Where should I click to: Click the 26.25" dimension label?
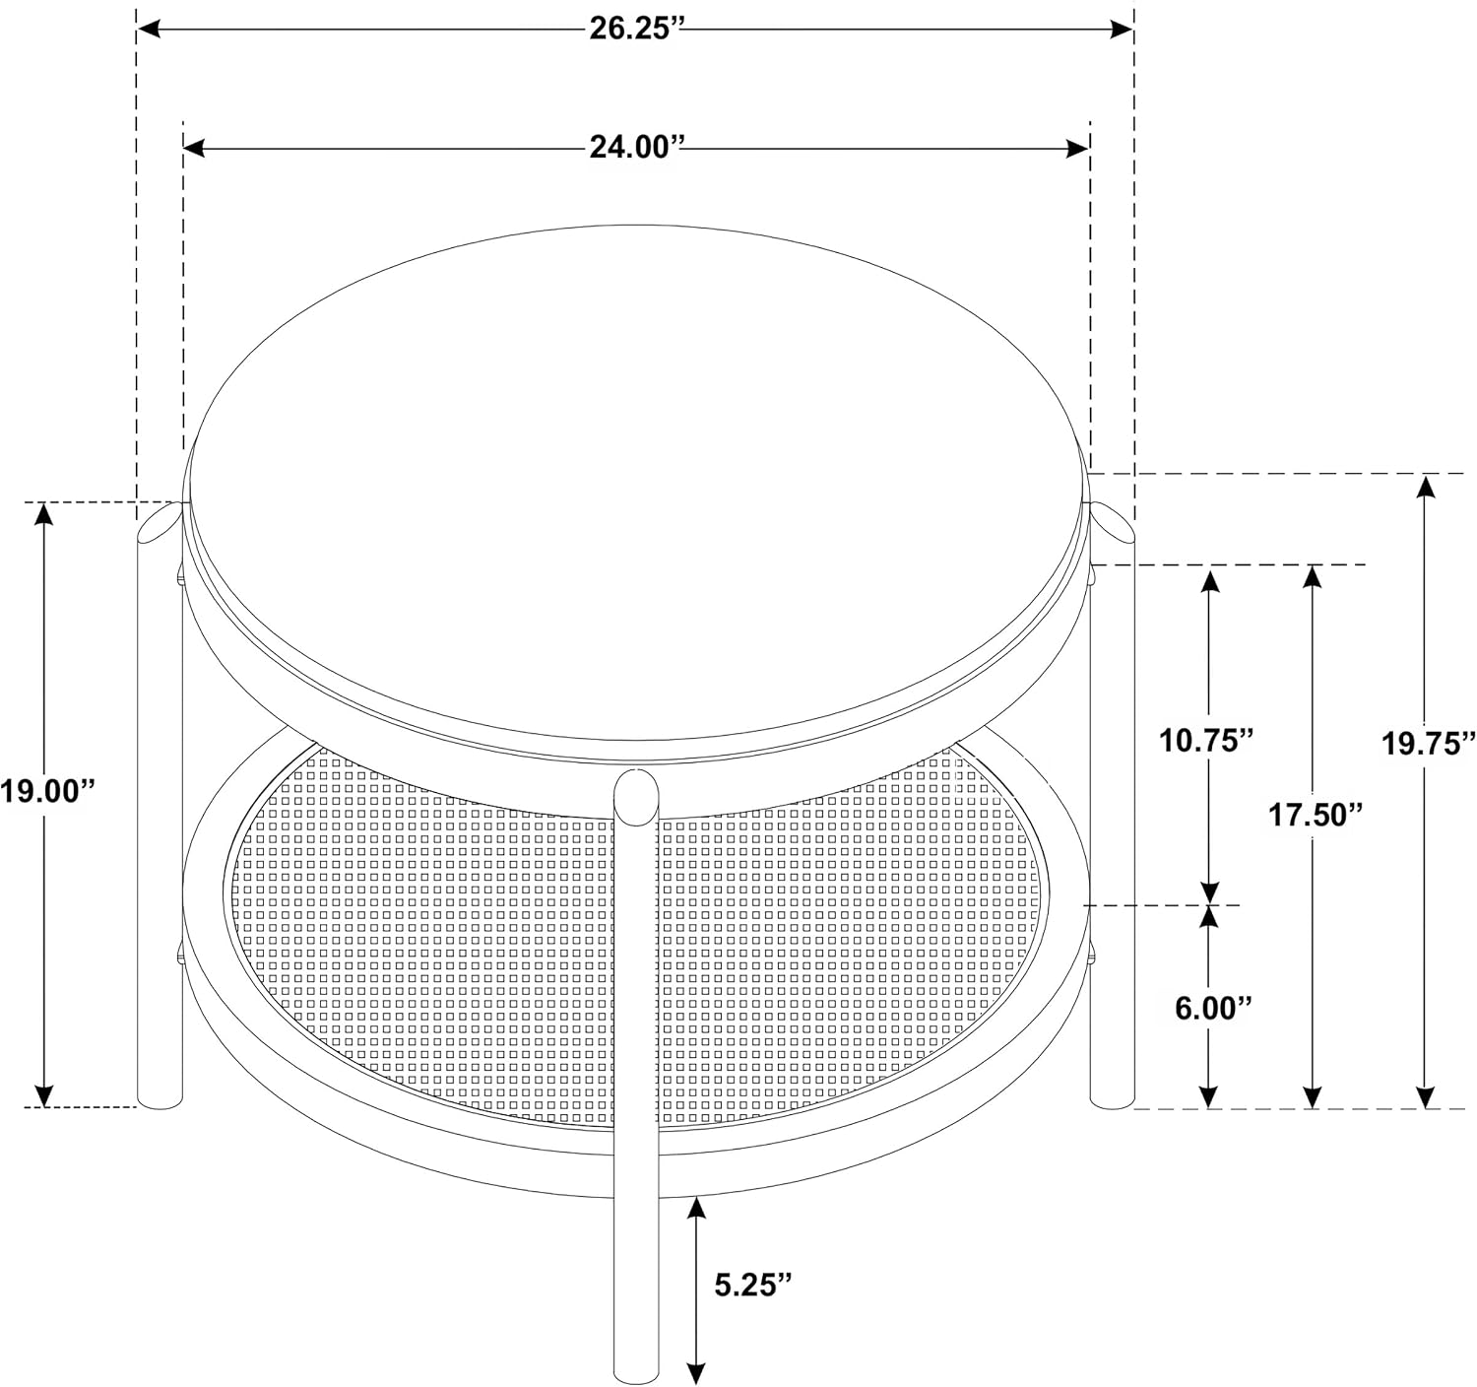[x=636, y=29]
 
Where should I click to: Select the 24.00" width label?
[x=636, y=148]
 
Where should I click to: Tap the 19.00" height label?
[x=48, y=791]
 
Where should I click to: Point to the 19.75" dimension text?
[x=1428, y=744]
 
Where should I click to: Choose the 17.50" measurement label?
[x=1315, y=816]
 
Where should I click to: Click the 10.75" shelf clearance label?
[x=1206, y=741]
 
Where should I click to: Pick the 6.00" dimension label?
[x=1213, y=1008]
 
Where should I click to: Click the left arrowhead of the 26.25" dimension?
[x=149, y=29]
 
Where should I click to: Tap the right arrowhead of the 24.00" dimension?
[x=1077, y=148]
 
